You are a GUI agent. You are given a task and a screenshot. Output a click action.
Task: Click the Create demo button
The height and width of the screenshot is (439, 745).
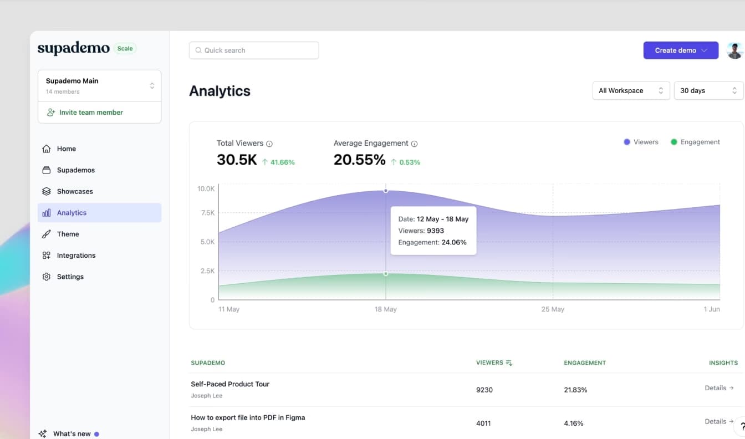click(x=680, y=50)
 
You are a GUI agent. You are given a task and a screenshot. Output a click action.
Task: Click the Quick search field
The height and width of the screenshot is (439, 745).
click(x=254, y=50)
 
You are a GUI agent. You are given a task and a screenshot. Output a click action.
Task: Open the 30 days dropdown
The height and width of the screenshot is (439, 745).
click(x=708, y=91)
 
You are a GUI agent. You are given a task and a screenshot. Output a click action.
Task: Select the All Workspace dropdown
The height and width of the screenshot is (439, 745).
click(x=630, y=91)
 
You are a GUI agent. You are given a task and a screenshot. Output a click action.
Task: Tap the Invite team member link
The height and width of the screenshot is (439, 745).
click(x=91, y=113)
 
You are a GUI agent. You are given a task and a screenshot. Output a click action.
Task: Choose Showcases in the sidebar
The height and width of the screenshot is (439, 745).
click(x=75, y=192)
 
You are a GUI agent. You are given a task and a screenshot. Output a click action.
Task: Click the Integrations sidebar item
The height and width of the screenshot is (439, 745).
click(x=76, y=256)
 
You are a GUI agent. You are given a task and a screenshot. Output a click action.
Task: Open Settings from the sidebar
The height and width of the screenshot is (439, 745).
click(x=70, y=277)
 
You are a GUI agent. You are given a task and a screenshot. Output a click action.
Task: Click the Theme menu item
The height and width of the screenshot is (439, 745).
click(x=68, y=234)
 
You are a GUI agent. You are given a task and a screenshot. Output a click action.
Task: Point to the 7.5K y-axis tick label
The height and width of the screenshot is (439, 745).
click(x=207, y=213)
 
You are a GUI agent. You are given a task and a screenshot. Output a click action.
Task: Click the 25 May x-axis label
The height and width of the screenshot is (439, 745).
click(x=553, y=309)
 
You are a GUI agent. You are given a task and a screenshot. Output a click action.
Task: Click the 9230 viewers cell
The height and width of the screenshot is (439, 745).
click(x=484, y=390)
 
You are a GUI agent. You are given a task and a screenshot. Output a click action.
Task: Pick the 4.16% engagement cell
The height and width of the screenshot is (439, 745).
click(x=573, y=423)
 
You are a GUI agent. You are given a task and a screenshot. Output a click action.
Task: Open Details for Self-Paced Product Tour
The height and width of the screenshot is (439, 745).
click(x=719, y=389)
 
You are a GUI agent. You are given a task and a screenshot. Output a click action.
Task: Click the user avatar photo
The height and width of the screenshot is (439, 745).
click(x=734, y=50)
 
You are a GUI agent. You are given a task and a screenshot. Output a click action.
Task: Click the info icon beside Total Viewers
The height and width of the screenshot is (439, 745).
click(x=269, y=144)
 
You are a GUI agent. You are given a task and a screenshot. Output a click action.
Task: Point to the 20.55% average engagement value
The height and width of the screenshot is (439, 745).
click(x=359, y=160)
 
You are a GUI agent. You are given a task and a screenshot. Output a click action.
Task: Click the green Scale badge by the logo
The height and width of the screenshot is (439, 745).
click(x=125, y=49)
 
